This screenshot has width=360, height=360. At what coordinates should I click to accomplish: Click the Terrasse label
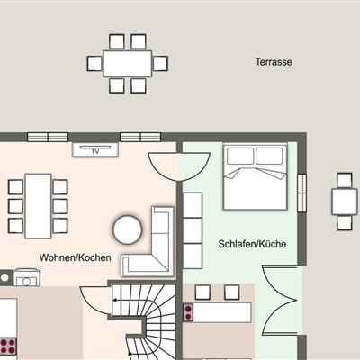coord(274,62)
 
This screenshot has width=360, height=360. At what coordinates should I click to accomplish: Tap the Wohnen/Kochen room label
coord(75,257)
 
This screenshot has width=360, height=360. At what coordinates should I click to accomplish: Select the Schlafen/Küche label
coord(252,244)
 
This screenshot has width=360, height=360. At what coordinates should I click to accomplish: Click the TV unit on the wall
coord(95,149)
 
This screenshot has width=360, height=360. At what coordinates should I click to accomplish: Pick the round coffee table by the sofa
coord(128,229)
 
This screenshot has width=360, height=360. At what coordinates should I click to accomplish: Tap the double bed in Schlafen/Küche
coord(256,176)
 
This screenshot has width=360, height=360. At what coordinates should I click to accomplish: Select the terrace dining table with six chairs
coord(128,64)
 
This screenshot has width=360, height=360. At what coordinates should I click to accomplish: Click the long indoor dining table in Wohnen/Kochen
coord(38,206)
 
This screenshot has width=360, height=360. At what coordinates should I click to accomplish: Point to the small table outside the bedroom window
coord(345,202)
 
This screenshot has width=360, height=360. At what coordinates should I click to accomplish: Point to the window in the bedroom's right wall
coord(302,193)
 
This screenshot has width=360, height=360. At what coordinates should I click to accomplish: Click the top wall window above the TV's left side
coord(48,137)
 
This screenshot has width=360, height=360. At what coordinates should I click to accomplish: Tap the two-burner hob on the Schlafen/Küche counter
coord(188,312)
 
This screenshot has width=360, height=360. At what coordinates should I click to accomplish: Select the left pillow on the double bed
coord(240,156)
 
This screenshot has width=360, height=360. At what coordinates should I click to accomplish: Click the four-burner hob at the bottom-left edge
coord(8,346)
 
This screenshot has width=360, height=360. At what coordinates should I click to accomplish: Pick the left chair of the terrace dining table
coord(94,64)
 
